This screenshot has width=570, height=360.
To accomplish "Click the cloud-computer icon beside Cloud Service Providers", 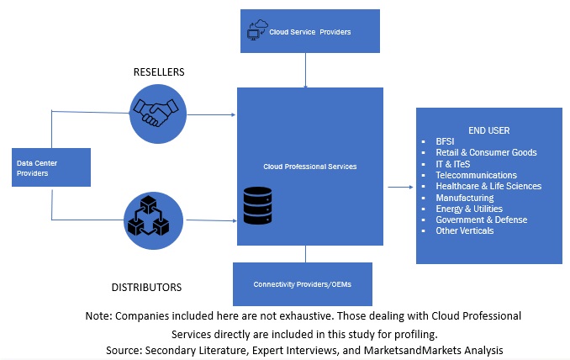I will click(256, 31).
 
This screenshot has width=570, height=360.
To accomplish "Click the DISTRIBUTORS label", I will click(146, 288).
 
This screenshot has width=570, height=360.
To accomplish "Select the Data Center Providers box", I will click(52, 167).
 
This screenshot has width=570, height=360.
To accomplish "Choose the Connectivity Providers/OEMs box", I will click(302, 283).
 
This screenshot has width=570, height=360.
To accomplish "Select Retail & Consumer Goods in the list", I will click(486, 152).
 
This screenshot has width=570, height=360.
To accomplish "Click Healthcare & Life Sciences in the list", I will click(488, 186).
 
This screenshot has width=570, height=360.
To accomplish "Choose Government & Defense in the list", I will click(482, 220).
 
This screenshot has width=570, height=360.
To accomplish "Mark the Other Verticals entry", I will click(465, 230).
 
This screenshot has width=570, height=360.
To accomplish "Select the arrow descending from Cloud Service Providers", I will click(305, 72).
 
